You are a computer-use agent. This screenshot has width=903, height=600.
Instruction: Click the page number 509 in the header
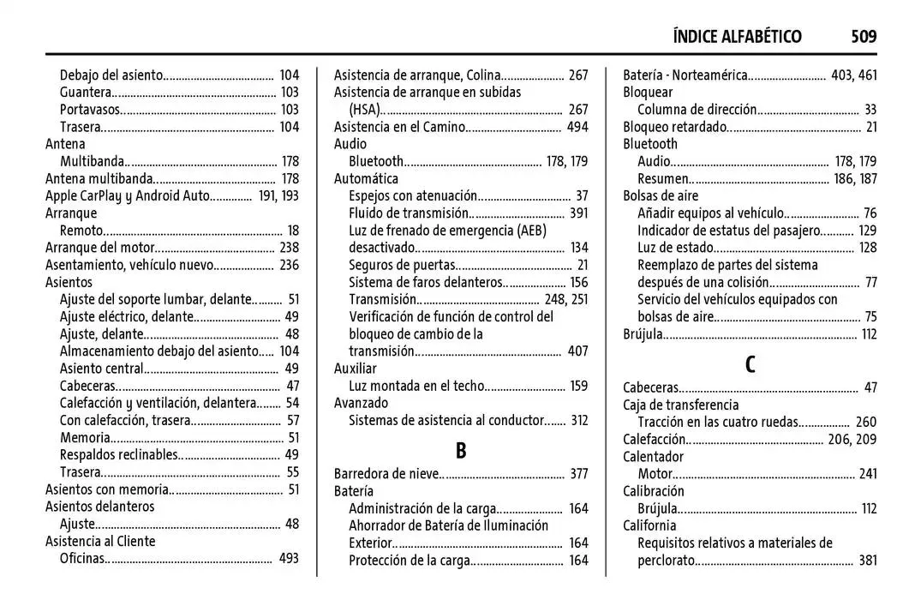[864, 36]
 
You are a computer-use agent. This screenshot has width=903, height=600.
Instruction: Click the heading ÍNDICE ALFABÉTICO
[737, 36]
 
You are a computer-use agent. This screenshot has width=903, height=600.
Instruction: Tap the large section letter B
[461, 451]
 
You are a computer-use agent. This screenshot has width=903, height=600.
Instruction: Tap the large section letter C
[750, 364]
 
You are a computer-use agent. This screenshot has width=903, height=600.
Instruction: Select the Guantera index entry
[86, 93]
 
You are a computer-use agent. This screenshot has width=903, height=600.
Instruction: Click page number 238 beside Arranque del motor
[290, 248]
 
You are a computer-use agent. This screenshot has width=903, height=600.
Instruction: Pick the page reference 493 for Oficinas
[290, 559]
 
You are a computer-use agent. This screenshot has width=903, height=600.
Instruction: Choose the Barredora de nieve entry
[387, 473]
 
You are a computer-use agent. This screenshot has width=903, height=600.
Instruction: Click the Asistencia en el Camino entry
[399, 127]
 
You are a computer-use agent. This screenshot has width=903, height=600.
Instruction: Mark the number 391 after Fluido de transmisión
[578, 213]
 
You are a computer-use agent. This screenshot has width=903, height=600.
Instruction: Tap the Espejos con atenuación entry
[412, 196]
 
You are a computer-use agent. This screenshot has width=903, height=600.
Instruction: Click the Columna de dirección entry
[697, 110]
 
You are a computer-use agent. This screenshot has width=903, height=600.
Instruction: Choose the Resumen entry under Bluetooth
[663, 179]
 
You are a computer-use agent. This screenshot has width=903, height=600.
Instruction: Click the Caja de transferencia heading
[680, 405]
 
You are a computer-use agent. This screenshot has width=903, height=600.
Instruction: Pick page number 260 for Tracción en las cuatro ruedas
[866, 422]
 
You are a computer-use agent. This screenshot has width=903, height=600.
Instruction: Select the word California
[649, 525]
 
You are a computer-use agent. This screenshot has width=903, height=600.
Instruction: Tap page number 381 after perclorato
[868, 561]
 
